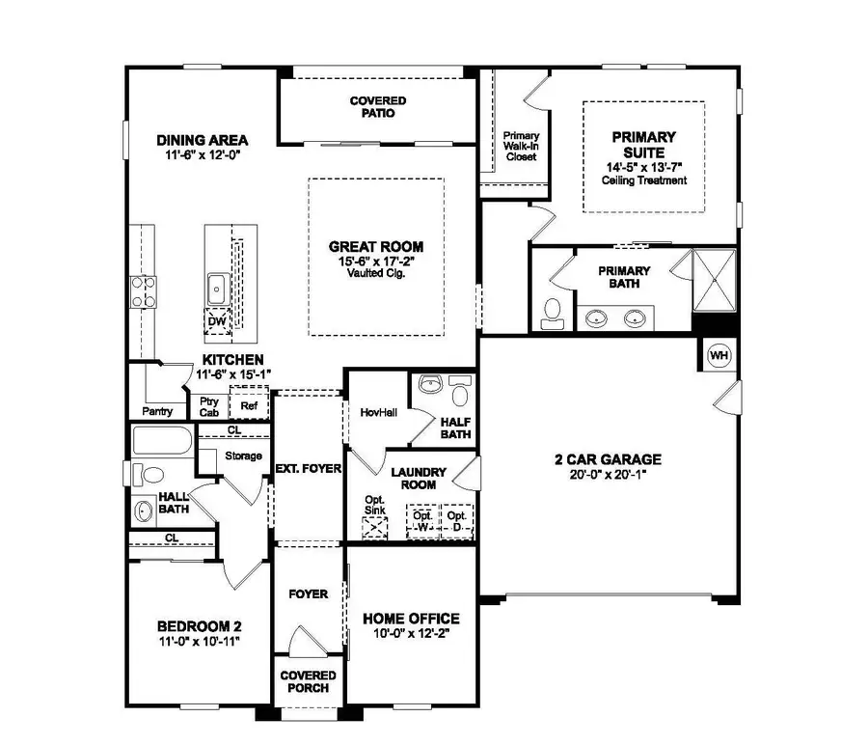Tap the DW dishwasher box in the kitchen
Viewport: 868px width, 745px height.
(217, 322)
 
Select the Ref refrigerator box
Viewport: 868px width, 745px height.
(249, 405)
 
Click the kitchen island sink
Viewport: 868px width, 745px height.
(217, 288)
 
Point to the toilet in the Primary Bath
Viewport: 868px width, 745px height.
(554, 310)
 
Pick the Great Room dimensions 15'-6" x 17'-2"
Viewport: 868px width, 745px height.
(376, 261)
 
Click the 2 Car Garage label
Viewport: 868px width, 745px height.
(608, 459)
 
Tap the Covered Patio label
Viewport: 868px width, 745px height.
(377, 107)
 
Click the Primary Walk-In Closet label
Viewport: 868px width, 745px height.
(522, 146)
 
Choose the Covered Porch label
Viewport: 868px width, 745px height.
(309, 681)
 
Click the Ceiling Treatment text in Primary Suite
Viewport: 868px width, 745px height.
(642, 180)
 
